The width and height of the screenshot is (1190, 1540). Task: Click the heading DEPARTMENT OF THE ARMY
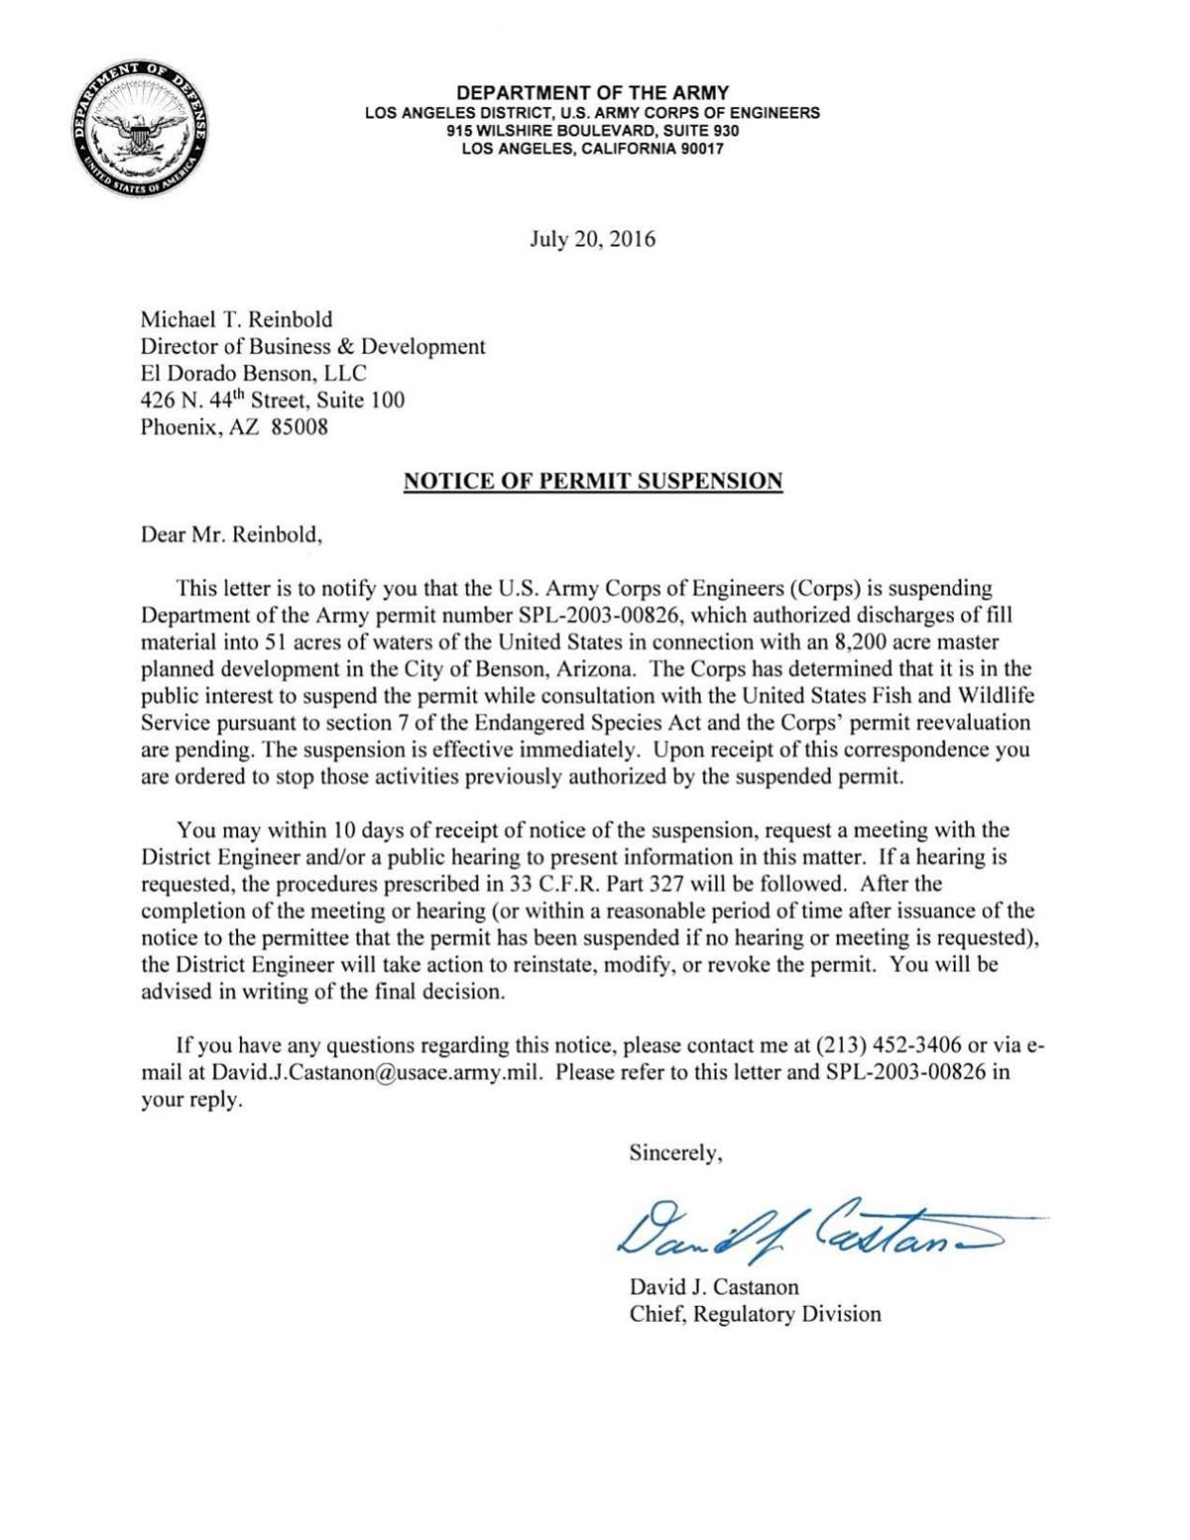click(x=592, y=93)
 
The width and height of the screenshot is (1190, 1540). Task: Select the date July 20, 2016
click(x=592, y=239)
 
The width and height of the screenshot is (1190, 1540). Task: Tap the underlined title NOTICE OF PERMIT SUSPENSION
click(x=592, y=482)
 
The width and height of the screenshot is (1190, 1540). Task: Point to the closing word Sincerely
click(x=675, y=1153)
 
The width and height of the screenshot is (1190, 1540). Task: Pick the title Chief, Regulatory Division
click(x=755, y=1314)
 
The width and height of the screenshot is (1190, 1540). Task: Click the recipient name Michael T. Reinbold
click(x=236, y=319)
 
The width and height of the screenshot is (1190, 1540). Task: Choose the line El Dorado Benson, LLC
click(x=253, y=374)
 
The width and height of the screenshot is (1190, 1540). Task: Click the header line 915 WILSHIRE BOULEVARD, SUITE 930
click(x=592, y=131)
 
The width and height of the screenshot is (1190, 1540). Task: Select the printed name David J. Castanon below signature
click(x=714, y=1287)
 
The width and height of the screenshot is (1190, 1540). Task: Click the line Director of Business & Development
click(x=312, y=346)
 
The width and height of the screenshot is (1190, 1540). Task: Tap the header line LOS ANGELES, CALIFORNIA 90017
click(x=592, y=149)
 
